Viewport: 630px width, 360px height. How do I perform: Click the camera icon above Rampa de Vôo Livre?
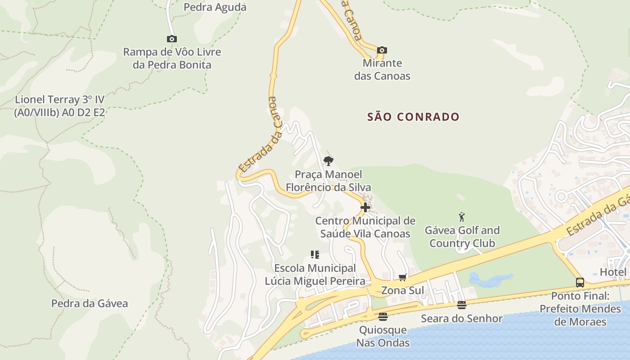pyautogui.click(x=171, y=39)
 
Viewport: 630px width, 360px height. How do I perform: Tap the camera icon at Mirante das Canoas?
pyautogui.click(x=382, y=50)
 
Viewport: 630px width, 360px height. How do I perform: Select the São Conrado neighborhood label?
pyautogui.click(x=413, y=117)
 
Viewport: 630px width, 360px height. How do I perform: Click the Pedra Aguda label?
pyautogui.click(x=215, y=7)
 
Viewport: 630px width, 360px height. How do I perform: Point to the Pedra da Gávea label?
pyautogui.click(x=89, y=303)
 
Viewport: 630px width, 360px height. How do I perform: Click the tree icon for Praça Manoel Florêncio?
pyautogui.click(x=328, y=161)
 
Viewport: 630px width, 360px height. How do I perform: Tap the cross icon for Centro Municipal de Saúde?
pyautogui.click(x=365, y=207)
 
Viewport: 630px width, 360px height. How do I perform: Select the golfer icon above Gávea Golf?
pyautogui.click(x=461, y=217)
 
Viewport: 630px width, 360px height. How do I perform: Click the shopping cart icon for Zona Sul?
pyautogui.click(x=402, y=277)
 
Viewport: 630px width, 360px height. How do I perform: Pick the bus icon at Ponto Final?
pyautogui.click(x=580, y=283)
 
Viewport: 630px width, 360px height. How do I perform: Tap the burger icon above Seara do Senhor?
pyautogui.click(x=461, y=305)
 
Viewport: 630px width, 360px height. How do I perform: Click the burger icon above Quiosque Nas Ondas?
pyautogui.click(x=382, y=317)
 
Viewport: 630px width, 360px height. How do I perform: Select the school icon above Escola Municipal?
pyautogui.click(x=315, y=255)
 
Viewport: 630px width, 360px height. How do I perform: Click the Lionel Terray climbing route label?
pyautogui.click(x=59, y=106)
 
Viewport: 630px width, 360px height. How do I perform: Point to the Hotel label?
pyautogui.click(x=613, y=272)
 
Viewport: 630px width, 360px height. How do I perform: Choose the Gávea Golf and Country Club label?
pyautogui.click(x=462, y=237)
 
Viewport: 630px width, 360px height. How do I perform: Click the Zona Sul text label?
pyautogui.click(x=402, y=290)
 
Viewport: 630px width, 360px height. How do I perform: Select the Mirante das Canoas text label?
pyautogui.click(x=382, y=69)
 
